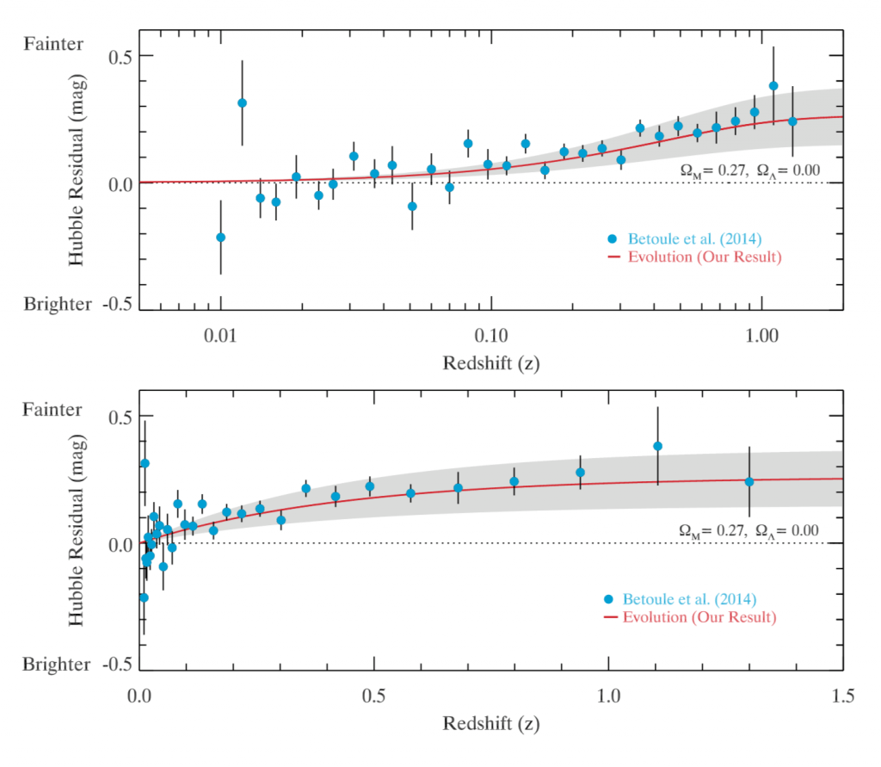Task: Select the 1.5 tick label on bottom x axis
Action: [843, 694]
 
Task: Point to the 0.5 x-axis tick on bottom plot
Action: [374, 694]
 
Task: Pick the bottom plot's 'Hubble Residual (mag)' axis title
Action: [77, 528]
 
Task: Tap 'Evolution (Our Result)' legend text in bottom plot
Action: [699, 617]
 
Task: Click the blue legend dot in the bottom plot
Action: [610, 599]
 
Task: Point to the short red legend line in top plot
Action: [612, 257]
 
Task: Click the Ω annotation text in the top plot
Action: [745, 171]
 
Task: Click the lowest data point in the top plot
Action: [220, 238]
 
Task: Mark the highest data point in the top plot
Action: [773, 86]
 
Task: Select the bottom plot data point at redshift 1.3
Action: [749, 482]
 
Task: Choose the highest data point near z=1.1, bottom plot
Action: [658, 446]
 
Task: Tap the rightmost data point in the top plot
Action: [792, 121]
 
